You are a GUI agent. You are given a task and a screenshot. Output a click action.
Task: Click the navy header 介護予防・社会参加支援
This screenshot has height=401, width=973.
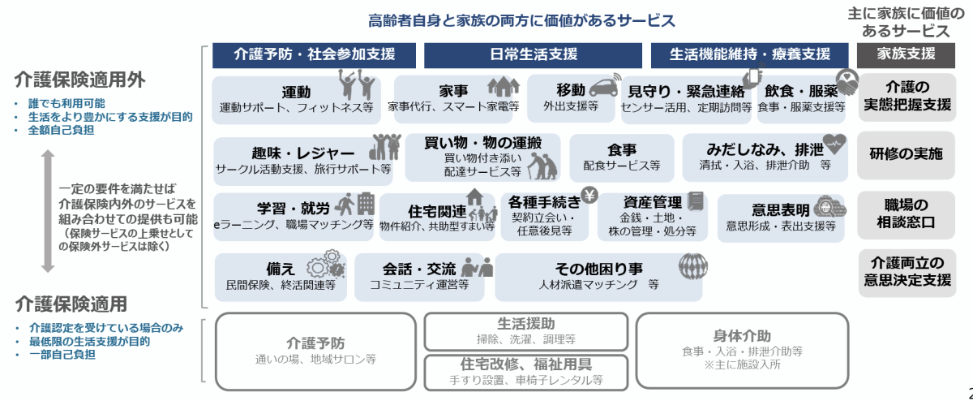coord(315,55)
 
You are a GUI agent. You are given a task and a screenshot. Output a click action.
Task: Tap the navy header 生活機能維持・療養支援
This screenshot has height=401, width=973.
coord(750,55)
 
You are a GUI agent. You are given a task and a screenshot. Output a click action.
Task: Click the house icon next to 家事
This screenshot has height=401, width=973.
coord(503,86)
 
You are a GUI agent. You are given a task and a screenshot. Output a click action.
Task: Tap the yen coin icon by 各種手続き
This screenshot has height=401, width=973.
coord(590,196)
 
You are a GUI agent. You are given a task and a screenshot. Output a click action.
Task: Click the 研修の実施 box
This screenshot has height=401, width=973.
coord(906,154)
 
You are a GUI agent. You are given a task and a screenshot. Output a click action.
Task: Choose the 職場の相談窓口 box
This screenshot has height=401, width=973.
coord(906,213)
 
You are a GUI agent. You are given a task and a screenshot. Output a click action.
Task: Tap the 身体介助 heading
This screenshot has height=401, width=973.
coord(742,336)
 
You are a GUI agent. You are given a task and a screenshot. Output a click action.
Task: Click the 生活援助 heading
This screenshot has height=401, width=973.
coord(525,323)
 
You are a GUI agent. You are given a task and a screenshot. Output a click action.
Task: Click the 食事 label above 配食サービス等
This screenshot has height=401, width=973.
coord(621,150)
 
